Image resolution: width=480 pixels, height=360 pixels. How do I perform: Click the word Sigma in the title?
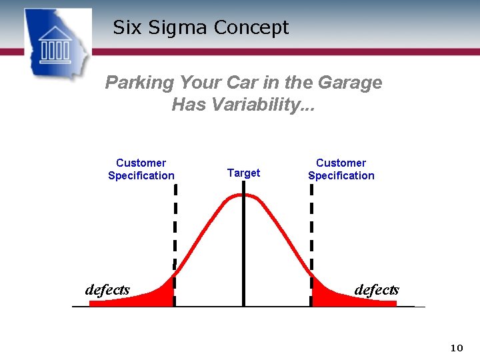click(175, 28)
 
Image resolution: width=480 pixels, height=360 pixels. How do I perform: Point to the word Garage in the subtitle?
click(350, 83)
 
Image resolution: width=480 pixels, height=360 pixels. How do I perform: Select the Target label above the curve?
click(243, 173)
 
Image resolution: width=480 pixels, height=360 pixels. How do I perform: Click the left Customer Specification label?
click(141, 169)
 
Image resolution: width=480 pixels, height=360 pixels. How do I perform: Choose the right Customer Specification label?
click(341, 169)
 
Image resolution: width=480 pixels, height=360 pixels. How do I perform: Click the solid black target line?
click(243, 253)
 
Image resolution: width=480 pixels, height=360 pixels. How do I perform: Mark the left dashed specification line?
click(175, 227)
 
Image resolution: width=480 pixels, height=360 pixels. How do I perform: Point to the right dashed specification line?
click(311, 227)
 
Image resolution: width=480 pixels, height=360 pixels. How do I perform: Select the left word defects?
click(107, 289)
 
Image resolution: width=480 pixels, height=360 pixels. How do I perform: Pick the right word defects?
click(377, 289)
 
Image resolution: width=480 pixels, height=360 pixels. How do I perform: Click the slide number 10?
click(457, 347)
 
